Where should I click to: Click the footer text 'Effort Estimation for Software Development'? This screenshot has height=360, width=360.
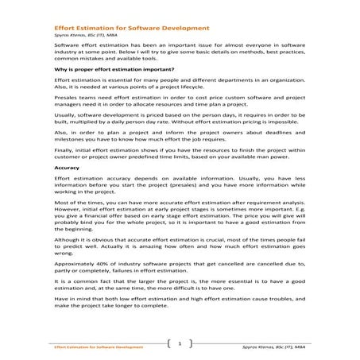coord(99,347)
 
